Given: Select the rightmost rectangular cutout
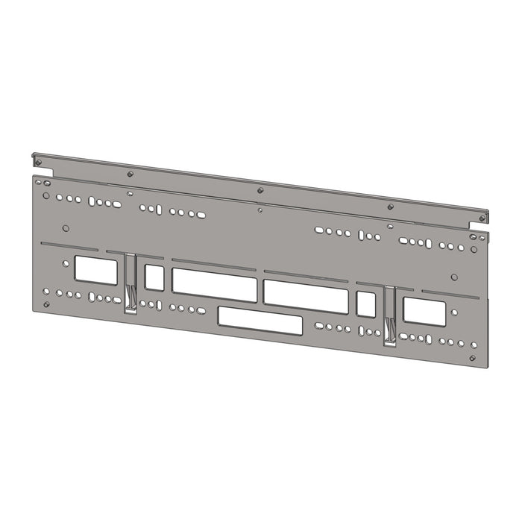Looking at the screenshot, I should tap(424, 311).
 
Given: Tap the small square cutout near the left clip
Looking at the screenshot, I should tap(154, 277).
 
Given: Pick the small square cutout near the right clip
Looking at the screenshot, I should tap(366, 304).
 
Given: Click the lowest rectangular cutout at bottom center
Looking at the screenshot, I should tap(260, 323).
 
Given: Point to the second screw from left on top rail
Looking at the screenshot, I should tap(130, 174).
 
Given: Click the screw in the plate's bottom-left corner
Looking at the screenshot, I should tap(46, 304).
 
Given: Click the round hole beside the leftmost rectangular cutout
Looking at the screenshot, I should tap(66, 228).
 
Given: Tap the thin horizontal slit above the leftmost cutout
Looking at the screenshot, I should tap(71, 245).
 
